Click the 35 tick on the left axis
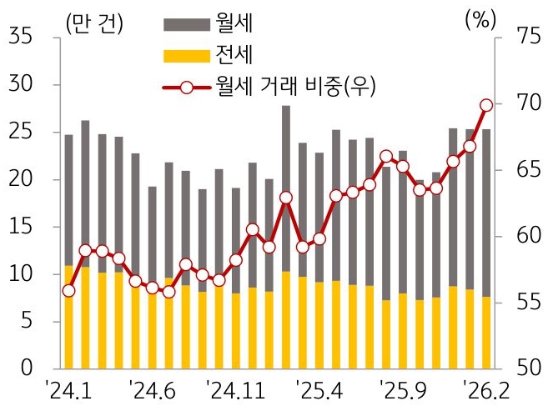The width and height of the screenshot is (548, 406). click(20, 38)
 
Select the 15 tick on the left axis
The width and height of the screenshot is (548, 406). click(20, 227)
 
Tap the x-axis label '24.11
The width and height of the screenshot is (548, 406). click(237, 390)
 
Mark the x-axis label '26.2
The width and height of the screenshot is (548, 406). click(487, 390)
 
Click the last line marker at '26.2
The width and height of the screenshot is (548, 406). click(486, 105)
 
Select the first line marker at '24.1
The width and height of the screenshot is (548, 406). click(68, 290)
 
